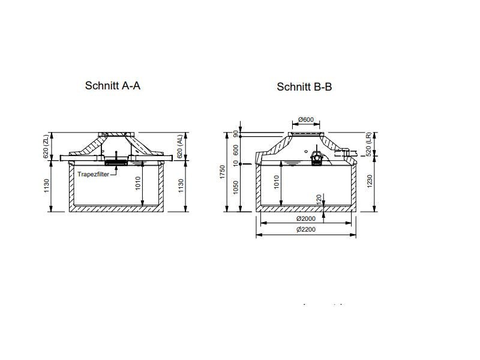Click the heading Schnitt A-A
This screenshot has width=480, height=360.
pyautogui.click(x=113, y=86)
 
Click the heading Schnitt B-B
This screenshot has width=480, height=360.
pyautogui.click(x=304, y=87)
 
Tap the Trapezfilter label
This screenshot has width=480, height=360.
pyautogui.click(x=94, y=174)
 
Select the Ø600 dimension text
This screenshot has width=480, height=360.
pyautogui.click(x=306, y=119)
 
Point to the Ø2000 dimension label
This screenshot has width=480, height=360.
pyautogui.click(x=306, y=218)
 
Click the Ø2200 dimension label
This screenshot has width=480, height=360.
pyautogui.click(x=306, y=229)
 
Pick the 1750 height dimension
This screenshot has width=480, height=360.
pyautogui.click(x=223, y=172)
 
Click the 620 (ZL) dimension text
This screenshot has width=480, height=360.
pyautogui.click(x=46, y=147)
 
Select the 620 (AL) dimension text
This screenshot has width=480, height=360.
pyautogui.click(x=179, y=146)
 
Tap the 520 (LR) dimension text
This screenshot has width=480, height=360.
pyautogui.click(x=368, y=144)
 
